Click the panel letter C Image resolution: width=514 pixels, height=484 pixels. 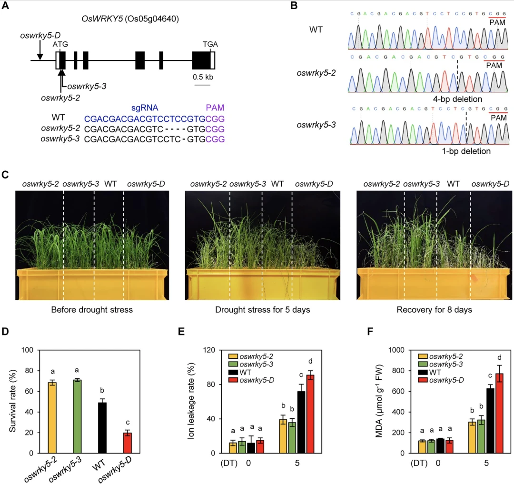(x=6, y=175)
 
